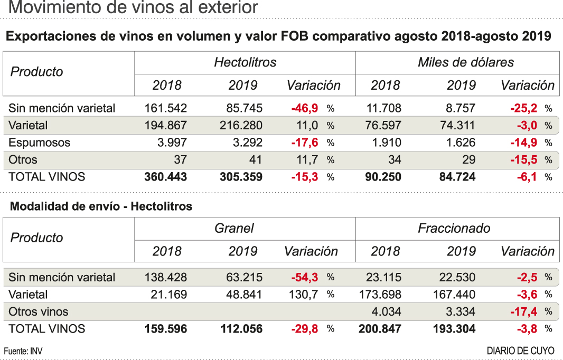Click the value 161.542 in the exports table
pyautogui.click(x=165, y=108)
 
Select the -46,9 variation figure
pyautogui.click(x=305, y=108)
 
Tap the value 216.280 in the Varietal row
pyautogui.click(x=241, y=126)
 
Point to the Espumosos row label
pyautogui.click(x=39, y=143)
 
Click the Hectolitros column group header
pyautogui.click(x=245, y=62)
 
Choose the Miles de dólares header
pyautogui.click(x=465, y=62)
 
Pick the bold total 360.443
pyautogui.click(x=165, y=177)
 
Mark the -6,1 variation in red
pyautogui.click(x=527, y=177)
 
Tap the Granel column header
pyautogui.click(x=234, y=228)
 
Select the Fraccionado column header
pyautogui.click(x=454, y=228)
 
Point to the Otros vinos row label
pyautogui.click(x=39, y=311)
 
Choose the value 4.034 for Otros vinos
pyautogui.click(x=387, y=311)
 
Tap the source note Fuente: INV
pyautogui.click(x=24, y=351)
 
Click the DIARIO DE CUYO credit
pyautogui.click(x=520, y=351)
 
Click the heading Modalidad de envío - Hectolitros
pyautogui.click(x=101, y=206)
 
